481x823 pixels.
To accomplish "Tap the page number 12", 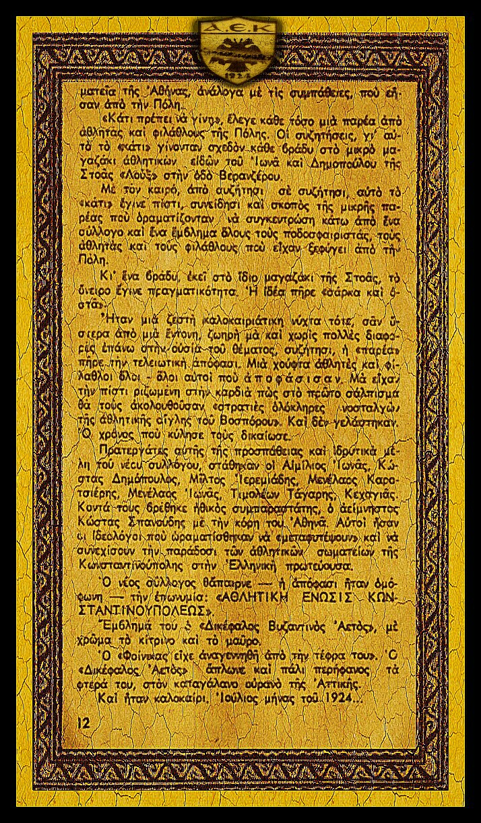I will [x=84, y=722].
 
